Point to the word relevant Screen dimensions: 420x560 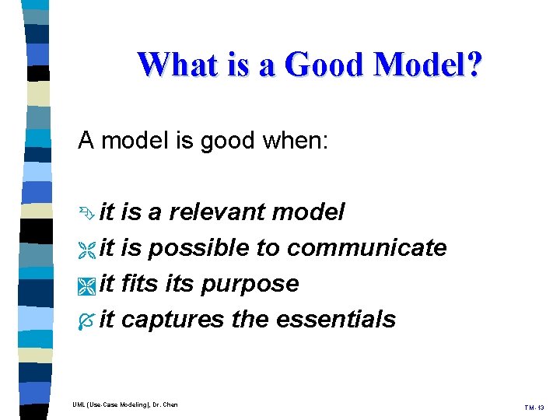coord(219,212)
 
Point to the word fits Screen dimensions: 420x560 coord(141,283)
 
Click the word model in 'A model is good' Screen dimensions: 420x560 coord(130,141)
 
